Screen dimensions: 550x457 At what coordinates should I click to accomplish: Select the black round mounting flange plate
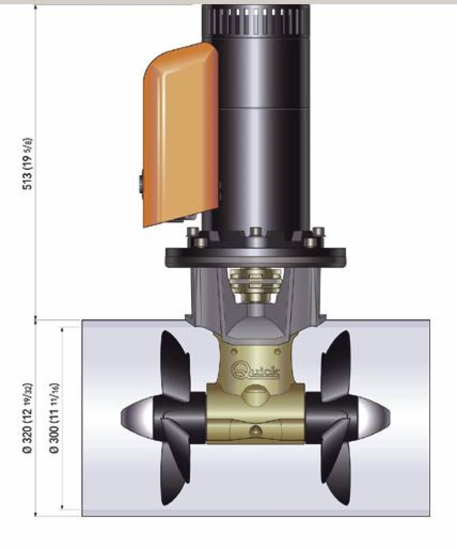(256, 256)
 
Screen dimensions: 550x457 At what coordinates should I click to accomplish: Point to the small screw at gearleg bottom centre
(256, 430)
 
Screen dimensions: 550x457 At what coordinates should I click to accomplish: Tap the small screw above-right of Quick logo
(278, 351)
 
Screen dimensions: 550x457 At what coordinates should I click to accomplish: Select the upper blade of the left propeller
(175, 365)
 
